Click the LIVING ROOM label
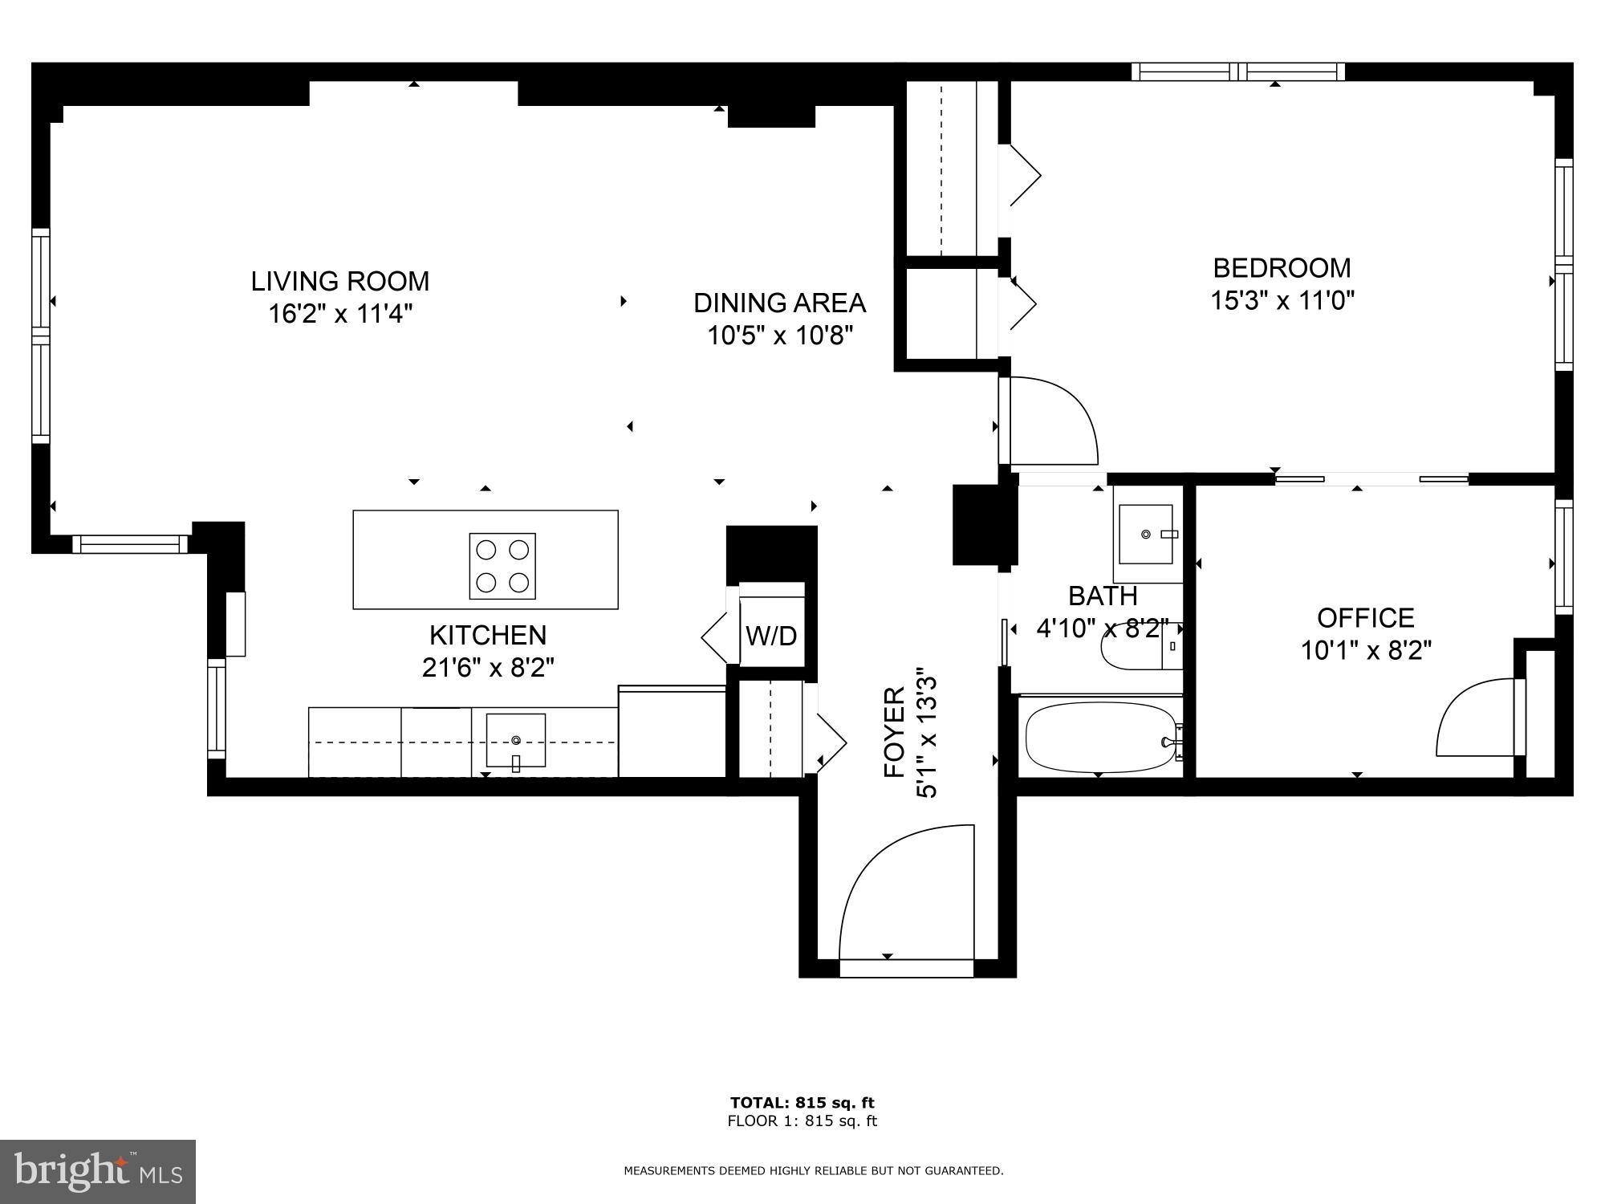pos(340,281)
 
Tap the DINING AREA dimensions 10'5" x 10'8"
pos(779,335)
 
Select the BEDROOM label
pos(1282,267)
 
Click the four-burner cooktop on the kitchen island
pos(502,566)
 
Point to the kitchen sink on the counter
pos(515,740)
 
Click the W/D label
pos(771,636)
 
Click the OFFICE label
pos(1365,617)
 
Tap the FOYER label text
pos(895,731)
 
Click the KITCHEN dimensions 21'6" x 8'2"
pos(488,667)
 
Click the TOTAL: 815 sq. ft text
pos(802,1102)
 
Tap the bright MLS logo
pos(98,1171)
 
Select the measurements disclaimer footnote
pos(813,1171)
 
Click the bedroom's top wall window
pos(1237,71)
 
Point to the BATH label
pos(1103,596)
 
